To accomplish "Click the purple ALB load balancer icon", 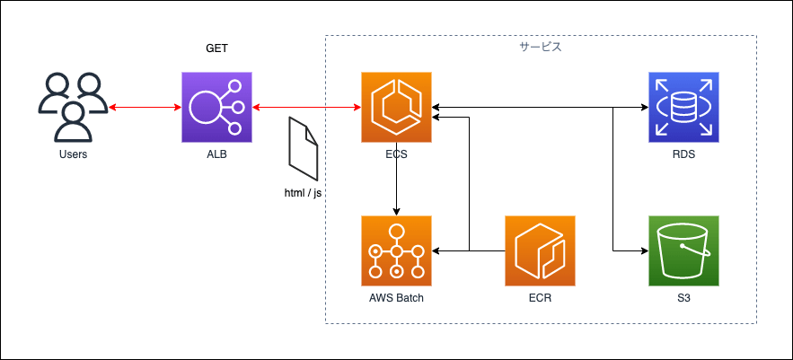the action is tap(216, 107).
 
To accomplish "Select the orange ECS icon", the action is tap(397, 107).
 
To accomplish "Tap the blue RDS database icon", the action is tap(683, 107).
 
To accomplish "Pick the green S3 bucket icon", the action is tap(683, 250).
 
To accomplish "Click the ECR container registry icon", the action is tap(540, 250).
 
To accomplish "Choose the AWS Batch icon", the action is tap(397, 250).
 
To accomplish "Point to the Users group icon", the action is tap(73, 107).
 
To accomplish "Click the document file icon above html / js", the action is tap(304, 149).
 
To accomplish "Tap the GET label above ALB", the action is tap(216, 49).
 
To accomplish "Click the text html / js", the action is tap(304, 193).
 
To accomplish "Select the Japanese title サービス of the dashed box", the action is tap(541, 47).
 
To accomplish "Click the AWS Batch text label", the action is tap(397, 298).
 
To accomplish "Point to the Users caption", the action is tap(73, 154).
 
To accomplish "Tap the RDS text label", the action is tap(683, 154).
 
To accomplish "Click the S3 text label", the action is tap(683, 298).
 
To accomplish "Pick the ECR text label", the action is tap(540, 298).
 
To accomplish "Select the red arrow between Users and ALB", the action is tap(145, 107).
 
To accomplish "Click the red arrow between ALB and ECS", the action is tap(306, 107).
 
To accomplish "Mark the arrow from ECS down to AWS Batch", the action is tap(397, 179).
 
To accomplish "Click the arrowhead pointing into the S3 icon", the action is tap(646, 250).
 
